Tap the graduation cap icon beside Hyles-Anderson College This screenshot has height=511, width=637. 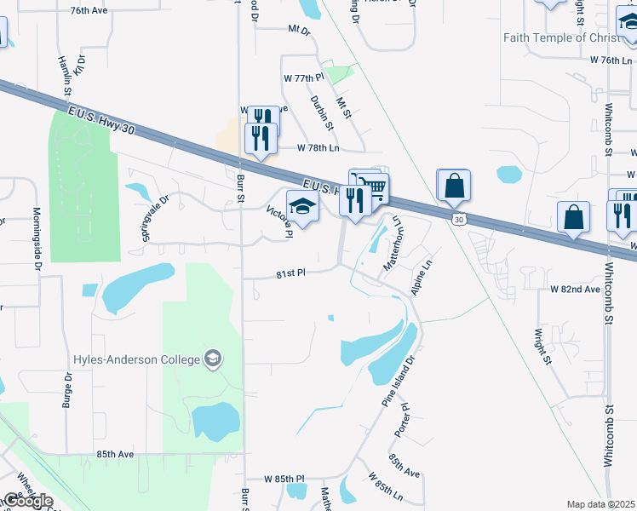[x=213, y=359]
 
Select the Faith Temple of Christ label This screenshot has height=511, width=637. [x=557, y=37]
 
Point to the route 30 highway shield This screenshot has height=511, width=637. [x=459, y=219]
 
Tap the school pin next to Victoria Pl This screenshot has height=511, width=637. [x=302, y=206]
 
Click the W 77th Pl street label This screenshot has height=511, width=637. [x=304, y=78]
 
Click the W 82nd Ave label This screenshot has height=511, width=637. [x=576, y=290]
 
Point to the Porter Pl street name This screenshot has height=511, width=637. [x=402, y=422]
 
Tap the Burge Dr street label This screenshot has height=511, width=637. [x=66, y=389]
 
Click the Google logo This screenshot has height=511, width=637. [x=27, y=501]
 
